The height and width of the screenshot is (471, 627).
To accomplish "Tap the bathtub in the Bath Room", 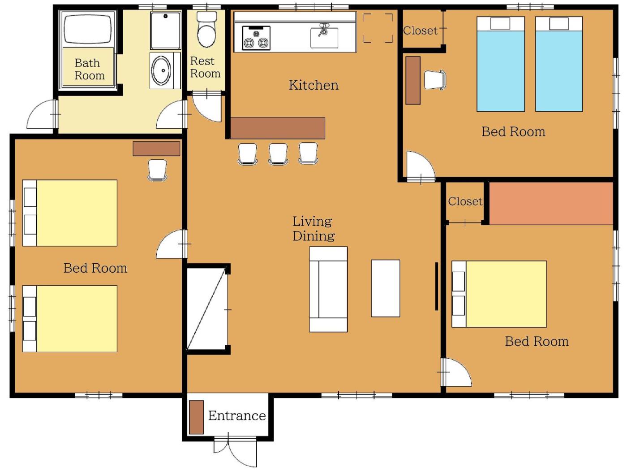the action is (x=87, y=29).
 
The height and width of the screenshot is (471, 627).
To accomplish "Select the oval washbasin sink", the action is (x=162, y=70).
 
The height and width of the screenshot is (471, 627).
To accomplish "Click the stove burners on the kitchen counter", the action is (x=256, y=38).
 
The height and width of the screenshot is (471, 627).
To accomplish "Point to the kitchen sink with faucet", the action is (x=324, y=37).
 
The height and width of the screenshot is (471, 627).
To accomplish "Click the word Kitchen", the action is (x=313, y=85).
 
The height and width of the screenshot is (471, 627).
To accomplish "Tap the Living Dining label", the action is (x=313, y=228).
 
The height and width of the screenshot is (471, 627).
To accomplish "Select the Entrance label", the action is (x=236, y=415).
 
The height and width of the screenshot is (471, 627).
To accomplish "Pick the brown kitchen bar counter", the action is (x=277, y=128).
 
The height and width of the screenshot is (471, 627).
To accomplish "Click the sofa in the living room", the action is (x=328, y=289).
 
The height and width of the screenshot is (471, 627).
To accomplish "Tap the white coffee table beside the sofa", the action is (x=385, y=288).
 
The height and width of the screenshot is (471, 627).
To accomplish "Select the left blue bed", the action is (x=500, y=64).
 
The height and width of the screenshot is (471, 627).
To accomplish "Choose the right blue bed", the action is (x=559, y=64).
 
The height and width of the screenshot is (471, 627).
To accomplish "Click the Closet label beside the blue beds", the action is (x=420, y=31).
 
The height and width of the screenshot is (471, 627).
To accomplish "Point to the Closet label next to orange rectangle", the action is (x=465, y=201).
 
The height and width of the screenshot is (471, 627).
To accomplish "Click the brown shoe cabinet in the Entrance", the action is (x=197, y=417).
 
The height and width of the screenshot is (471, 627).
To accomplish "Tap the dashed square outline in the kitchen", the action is (x=378, y=28).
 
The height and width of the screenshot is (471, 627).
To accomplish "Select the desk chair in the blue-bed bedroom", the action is (x=435, y=80).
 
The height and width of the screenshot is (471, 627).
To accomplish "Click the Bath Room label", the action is (x=90, y=69).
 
